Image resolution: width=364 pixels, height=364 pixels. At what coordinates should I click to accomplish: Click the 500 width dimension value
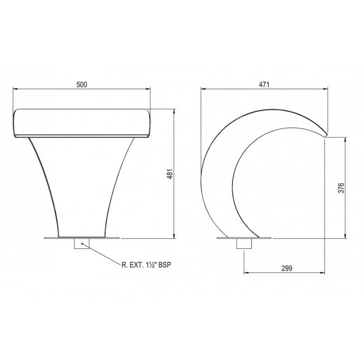pos(82,85)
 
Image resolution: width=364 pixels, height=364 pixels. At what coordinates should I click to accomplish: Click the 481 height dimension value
pos(170,174)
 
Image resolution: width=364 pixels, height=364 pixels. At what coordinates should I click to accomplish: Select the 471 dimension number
pos(264,85)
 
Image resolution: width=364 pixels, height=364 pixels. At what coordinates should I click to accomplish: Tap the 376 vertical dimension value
pos(341,188)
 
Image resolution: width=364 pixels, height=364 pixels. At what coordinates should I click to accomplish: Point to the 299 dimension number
pos(287,268)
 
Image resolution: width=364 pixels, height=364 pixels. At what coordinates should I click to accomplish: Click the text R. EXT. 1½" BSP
pos(146,265)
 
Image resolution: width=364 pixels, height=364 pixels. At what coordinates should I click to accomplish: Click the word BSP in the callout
pos(165,265)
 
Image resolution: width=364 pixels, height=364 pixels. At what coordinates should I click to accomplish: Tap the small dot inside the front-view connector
pos(82,243)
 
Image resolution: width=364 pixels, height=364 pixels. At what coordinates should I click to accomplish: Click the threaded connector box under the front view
pos(81,244)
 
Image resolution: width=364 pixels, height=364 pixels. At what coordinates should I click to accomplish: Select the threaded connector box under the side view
pos(244,244)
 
